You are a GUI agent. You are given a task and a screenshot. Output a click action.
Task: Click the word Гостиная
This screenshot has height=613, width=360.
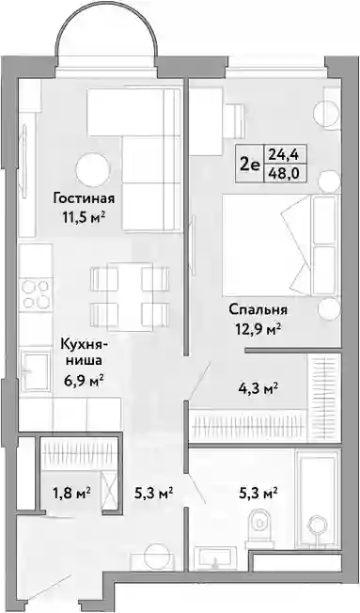coord(84,198)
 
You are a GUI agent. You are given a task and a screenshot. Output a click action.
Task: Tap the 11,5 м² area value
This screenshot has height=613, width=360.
coord(84,216)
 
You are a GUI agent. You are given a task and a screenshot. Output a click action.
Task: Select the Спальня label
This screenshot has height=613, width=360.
coord(258,309)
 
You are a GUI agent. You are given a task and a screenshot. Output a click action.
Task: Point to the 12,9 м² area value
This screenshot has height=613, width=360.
coord(258,330)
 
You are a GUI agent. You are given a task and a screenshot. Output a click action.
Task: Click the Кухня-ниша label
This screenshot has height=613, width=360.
coord(84,353)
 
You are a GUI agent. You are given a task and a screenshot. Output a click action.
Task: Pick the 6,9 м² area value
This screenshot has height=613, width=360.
coord(84,379)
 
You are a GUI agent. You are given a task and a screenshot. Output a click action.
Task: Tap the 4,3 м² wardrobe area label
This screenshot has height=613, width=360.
coord(258,388)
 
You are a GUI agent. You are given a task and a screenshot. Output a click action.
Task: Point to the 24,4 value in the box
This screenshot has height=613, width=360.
coord(284,155)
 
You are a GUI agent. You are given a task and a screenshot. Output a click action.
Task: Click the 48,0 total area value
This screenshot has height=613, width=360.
coord(284,173)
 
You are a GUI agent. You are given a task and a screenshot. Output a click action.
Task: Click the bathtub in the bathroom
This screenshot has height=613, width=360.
coord(317,498)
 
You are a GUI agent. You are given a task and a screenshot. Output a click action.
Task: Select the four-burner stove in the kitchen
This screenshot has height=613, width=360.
coord(36,294)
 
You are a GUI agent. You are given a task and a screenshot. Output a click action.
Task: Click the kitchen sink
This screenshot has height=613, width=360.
coord(35,370)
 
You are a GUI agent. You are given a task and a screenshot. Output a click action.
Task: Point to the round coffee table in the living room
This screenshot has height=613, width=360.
coord(93,170)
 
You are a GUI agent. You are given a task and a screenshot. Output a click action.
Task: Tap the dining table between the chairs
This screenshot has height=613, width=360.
coord(130,292)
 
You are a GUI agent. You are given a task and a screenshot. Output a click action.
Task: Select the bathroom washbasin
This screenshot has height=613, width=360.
coord(213,558)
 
